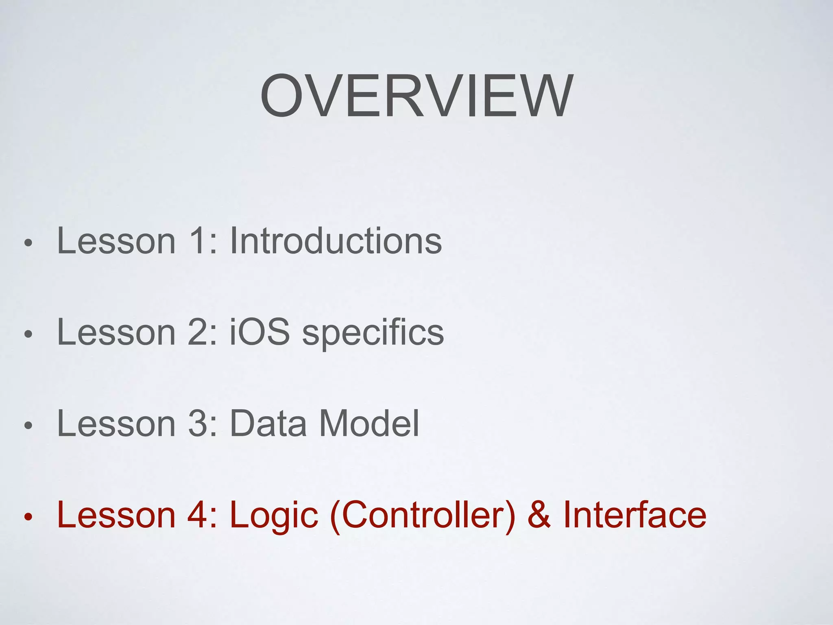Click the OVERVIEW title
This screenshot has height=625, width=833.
pyautogui.click(x=416, y=96)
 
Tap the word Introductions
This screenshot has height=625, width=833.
pyautogui.click(x=336, y=241)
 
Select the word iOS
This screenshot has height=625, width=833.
pyautogui.click(x=259, y=332)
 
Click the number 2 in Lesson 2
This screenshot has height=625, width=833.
pyautogui.click(x=198, y=332)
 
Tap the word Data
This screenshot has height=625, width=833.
pyautogui.click(x=268, y=423)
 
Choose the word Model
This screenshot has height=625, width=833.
pyautogui.click(x=369, y=423)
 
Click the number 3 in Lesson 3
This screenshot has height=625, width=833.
pyautogui.click(x=198, y=423)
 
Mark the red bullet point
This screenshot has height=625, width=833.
pyautogui.click(x=28, y=517)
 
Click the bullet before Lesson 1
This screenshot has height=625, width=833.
pyautogui.click(x=28, y=243)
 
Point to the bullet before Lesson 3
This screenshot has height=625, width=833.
pyautogui.click(x=28, y=426)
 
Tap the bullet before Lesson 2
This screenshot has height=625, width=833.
pyautogui.click(x=28, y=334)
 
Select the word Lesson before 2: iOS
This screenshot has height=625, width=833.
pyautogui.click(x=116, y=332)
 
